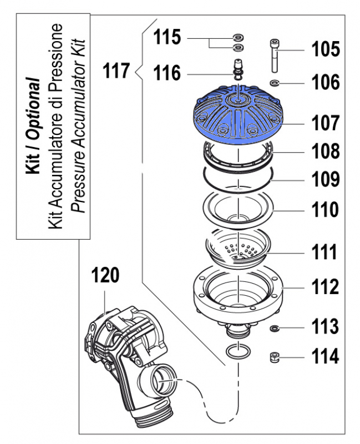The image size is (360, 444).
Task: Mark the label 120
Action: pyautogui.click(x=105, y=276)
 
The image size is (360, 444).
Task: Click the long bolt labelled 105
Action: pyautogui.click(x=274, y=56)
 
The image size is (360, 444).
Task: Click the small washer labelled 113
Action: pyautogui.click(x=275, y=328)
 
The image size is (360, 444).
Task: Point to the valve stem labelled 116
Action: pyautogui.click(x=239, y=72)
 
